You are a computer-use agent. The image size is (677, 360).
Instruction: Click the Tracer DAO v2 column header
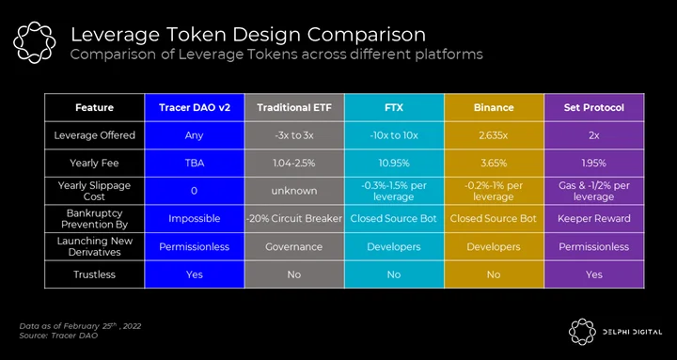[195, 107]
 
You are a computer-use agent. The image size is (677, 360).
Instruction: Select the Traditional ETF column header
[294, 107]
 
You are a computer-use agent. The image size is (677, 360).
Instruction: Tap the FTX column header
[394, 107]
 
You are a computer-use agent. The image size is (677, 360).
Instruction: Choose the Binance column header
[494, 107]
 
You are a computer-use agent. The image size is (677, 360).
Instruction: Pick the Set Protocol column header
[593, 107]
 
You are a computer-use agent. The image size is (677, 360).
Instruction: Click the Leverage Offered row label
[94, 135]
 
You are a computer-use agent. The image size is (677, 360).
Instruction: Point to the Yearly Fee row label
[94, 164]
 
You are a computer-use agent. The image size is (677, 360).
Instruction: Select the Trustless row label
[94, 274]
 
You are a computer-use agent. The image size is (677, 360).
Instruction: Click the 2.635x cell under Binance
[494, 135]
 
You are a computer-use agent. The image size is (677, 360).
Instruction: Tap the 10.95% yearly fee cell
[394, 164]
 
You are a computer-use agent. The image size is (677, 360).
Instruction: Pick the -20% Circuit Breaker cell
[294, 218]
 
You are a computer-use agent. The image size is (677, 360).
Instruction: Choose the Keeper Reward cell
[593, 218]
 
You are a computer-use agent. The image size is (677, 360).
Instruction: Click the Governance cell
[294, 247]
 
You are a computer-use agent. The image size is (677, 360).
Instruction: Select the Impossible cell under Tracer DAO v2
[195, 218]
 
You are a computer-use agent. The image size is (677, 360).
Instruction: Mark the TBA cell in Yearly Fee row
[195, 164]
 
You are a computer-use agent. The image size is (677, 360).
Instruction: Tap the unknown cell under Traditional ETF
[294, 191]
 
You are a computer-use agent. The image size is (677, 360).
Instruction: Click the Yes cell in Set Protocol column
[593, 274]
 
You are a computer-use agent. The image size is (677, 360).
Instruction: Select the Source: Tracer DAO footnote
[58, 336]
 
